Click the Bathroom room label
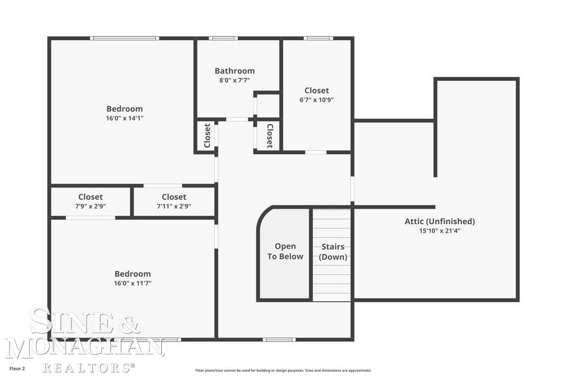[235, 71]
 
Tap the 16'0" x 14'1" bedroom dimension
[125, 118]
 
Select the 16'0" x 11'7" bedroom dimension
[133, 283]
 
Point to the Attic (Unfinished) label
[440, 221]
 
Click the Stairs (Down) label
[333, 252]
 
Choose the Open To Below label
[285, 251]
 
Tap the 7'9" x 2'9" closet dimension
[90, 206]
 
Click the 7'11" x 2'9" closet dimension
[174, 206]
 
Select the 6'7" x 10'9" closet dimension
[317, 100]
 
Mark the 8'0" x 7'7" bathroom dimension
[235, 80]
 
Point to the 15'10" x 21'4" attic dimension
[440, 231]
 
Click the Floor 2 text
[17, 369]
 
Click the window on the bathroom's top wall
[223, 38]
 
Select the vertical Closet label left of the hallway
[207, 136]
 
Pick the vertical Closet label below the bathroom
[270, 136]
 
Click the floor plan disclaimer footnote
[283, 370]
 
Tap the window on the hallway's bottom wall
[279, 339]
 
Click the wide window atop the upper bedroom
[125, 38]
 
